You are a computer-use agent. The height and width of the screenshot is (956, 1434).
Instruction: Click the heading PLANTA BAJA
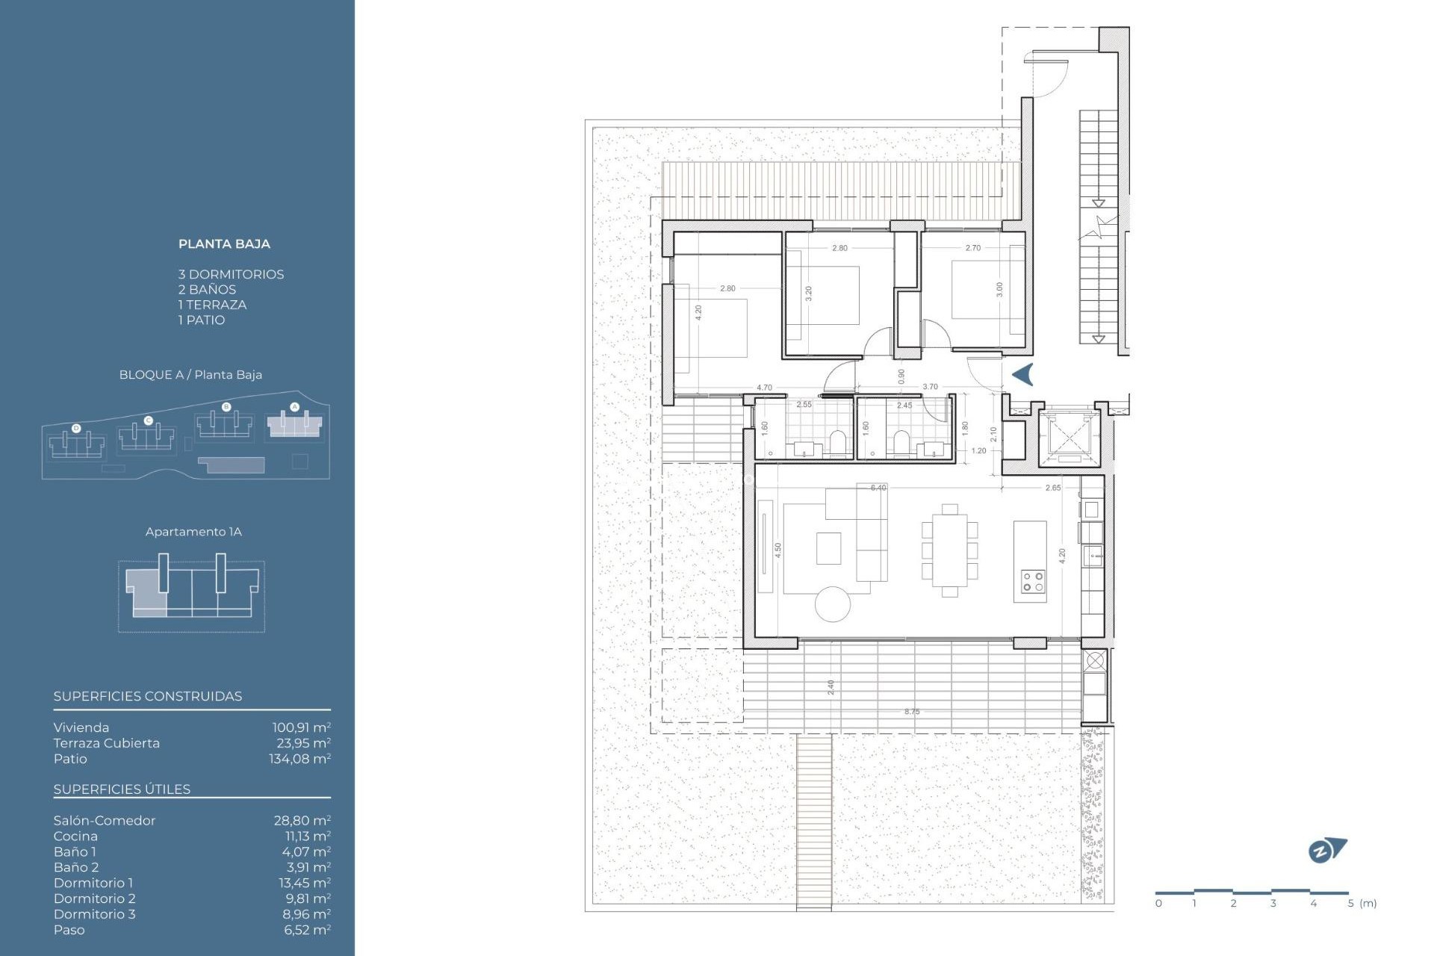[224, 244]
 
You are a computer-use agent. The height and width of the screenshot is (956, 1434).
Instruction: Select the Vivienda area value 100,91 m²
[301, 727]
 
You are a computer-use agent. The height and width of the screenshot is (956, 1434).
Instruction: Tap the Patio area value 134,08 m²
[299, 759]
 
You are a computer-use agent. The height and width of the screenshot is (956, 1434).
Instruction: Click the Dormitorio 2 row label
[94, 898]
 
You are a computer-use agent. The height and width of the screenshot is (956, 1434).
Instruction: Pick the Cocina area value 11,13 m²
[308, 836]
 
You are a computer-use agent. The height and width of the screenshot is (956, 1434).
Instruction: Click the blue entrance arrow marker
[1023, 374]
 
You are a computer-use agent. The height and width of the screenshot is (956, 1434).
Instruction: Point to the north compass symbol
[1326, 851]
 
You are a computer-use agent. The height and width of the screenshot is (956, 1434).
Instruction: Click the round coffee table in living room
[833, 603]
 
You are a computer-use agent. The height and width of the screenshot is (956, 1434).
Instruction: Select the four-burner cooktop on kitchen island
[1033, 582]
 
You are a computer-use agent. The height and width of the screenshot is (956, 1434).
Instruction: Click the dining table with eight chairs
[949, 551]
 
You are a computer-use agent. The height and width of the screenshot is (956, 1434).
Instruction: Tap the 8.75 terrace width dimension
[912, 712]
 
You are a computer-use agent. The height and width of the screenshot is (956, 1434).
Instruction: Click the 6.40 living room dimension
[878, 488]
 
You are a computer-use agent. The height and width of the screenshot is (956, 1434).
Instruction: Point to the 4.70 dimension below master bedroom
[764, 388]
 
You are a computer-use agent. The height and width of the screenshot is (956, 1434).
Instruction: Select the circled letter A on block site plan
[294, 407]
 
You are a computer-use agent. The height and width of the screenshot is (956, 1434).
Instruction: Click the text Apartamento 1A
[193, 532]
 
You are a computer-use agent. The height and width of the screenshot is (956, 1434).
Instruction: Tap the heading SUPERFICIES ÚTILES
[122, 789]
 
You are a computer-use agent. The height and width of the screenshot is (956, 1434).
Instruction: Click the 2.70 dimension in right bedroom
[972, 248]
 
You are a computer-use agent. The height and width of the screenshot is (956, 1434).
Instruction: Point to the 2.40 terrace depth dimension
[831, 687]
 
